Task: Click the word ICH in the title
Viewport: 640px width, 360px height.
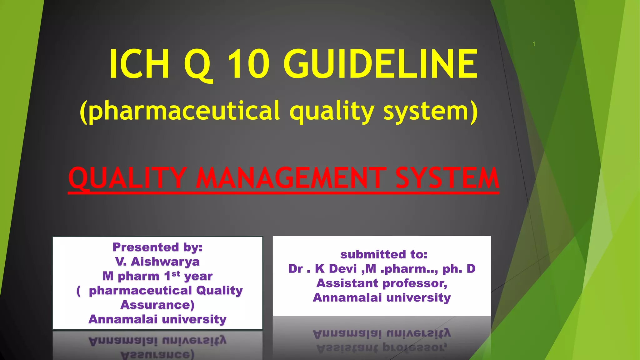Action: click(139, 64)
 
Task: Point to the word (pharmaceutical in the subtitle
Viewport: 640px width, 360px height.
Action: click(180, 111)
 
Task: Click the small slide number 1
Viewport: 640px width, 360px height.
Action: click(534, 44)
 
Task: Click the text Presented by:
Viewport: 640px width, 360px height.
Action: click(157, 247)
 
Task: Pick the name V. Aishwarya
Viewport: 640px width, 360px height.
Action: click(157, 262)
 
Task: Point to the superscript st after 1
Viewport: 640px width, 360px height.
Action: click(176, 274)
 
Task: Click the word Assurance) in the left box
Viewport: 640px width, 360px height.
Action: click(157, 305)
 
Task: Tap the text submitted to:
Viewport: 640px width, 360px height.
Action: click(384, 254)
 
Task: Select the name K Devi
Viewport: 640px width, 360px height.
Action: click(336, 269)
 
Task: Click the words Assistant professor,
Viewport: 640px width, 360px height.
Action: click(382, 283)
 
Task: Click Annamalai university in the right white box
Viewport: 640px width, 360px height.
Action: click(382, 297)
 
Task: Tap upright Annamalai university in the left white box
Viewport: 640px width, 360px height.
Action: click(157, 319)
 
